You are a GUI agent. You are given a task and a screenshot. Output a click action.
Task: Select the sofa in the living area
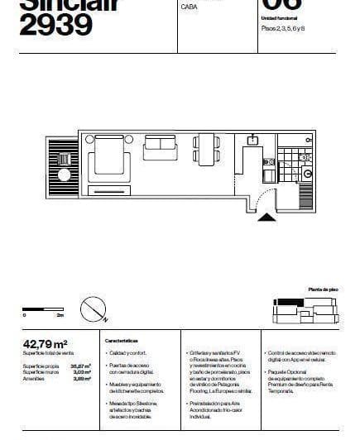click(160, 147)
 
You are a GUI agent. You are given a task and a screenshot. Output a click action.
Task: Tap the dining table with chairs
click(204, 149)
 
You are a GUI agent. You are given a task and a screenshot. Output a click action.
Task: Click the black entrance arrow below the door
click(267, 217)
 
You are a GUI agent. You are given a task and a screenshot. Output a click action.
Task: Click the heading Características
click(121, 340)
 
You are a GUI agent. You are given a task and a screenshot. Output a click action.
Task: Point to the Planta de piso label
click(323, 289)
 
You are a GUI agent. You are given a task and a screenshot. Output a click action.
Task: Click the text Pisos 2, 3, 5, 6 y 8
click(284, 28)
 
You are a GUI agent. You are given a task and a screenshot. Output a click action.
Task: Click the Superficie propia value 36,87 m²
click(81, 365)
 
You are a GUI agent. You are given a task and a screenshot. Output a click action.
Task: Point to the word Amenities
click(36, 378)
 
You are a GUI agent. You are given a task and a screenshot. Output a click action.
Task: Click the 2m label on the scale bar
click(60, 316)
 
